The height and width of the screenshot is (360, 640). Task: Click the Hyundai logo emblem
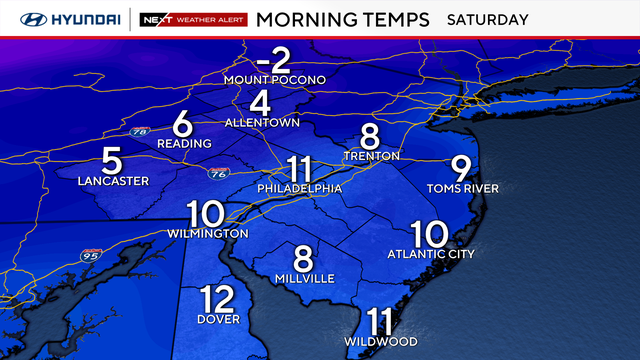click(x=20, y=19)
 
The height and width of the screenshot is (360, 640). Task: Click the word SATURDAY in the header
click(x=487, y=19)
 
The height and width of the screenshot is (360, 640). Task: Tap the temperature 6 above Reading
click(x=182, y=124)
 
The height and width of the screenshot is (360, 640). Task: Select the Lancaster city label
click(x=113, y=181)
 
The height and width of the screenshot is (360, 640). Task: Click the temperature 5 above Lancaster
click(x=112, y=160)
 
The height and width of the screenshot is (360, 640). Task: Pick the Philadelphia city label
click(x=300, y=188)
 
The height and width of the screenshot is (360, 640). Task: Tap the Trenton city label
click(x=370, y=156)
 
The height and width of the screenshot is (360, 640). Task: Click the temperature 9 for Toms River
click(x=461, y=168)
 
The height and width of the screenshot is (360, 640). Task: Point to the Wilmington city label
click(x=207, y=233)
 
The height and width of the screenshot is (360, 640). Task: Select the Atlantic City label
click(x=431, y=254)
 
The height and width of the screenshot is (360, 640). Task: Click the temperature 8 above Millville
click(x=304, y=258)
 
